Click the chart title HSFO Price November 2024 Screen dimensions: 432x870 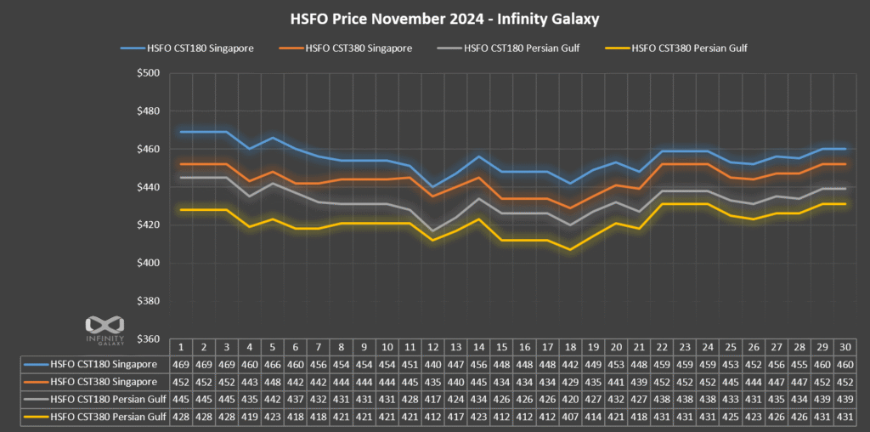pos(434,18)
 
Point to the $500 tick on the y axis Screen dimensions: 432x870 pos(152,73)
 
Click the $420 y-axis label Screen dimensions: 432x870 pos(152,225)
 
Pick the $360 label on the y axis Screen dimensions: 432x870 pos(152,339)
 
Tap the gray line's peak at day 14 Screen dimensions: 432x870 pos(480,199)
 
